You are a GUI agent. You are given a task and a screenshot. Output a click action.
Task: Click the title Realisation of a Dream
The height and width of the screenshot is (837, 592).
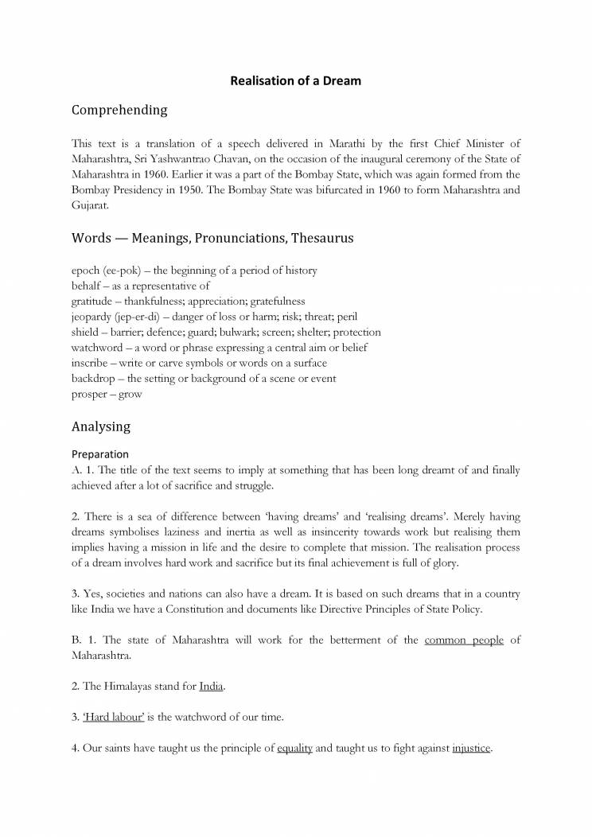(x=295, y=80)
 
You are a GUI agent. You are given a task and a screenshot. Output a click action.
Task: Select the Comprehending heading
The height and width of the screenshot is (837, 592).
(x=119, y=111)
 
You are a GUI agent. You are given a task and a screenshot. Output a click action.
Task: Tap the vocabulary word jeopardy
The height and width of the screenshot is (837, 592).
(x=92, y=317)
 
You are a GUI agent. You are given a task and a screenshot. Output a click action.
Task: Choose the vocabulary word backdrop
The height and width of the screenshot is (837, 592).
(x=94, y=378)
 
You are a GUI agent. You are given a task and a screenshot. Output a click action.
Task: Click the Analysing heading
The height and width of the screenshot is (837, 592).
(x=101, y=426)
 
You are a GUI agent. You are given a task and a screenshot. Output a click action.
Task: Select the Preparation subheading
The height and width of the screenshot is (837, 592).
(x=100, y=454)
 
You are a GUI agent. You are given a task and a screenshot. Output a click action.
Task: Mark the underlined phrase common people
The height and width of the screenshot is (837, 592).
(x=464, y=640)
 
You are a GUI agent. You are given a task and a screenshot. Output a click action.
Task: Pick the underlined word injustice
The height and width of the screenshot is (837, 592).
(x=472, y=749)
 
